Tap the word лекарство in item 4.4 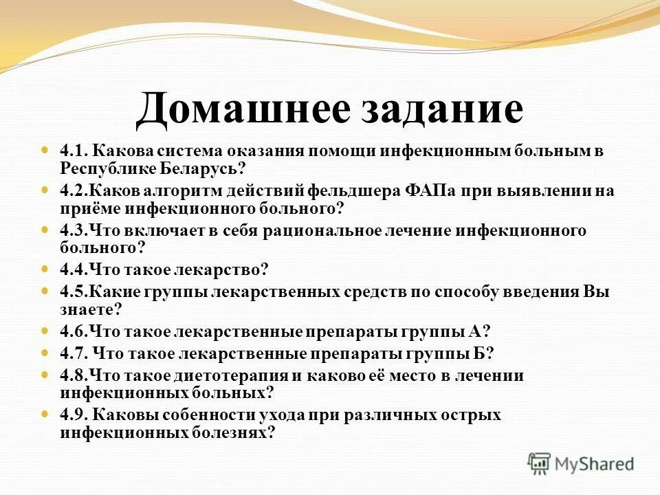click(218, 269)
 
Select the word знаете click(87, 309)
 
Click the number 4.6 click(74, 331)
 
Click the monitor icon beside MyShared click(540, 463)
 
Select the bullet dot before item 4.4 click(46, 269)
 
